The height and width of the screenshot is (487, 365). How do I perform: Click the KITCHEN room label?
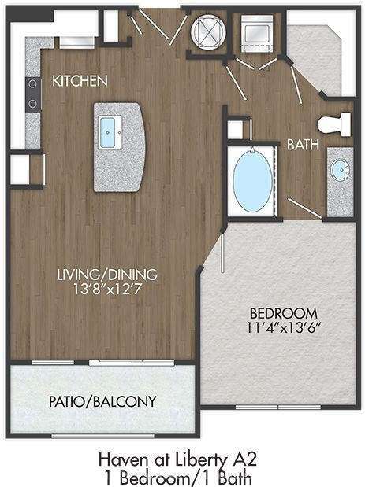[80, 81]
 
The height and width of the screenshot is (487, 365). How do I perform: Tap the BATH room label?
[303, 145]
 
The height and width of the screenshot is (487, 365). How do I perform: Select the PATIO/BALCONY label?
[102, 401]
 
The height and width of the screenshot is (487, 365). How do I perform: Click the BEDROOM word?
[284, 313]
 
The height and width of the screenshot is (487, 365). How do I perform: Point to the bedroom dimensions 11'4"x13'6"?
[284, 327]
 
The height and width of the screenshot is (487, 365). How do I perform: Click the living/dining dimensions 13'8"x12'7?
[107, 290]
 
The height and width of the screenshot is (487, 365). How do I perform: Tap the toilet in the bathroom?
[334, 125]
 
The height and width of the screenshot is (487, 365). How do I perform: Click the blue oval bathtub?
[252, 181]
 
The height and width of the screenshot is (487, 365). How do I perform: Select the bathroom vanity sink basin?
[340, 169]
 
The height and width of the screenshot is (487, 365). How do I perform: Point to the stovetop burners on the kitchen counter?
[33, 94]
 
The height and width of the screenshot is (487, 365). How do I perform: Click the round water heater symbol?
[208, 31]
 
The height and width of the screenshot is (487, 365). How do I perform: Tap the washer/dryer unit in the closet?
[257, 33]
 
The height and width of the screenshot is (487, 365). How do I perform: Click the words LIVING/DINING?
[107, 275]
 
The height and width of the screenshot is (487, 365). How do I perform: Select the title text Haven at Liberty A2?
[177, 459]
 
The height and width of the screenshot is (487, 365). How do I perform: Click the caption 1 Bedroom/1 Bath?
[177, 478]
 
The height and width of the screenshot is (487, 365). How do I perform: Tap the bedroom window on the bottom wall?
[277, 407]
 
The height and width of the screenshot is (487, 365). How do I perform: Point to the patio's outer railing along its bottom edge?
[102, 436]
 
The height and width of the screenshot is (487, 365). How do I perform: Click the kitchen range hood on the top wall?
[76, 42]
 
